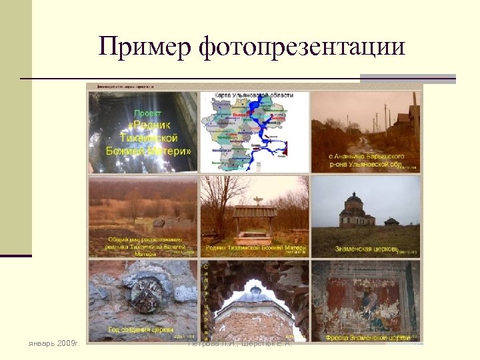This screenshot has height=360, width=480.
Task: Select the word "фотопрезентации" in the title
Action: (x=301, y=47)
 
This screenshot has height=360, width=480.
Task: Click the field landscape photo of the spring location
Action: (x=143, y=207)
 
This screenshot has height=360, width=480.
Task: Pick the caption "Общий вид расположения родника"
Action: (x=143, y=246)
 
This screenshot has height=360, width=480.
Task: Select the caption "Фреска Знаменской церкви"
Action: (x=367, y=337)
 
